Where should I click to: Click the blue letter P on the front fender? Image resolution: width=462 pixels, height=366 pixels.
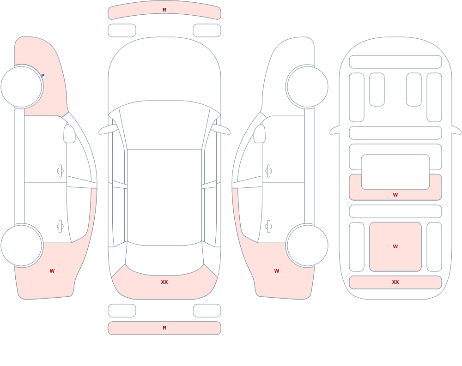[43, 76]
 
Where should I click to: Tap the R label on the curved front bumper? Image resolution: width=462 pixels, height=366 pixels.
[164, 10]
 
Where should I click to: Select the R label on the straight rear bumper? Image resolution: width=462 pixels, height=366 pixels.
[164, 328]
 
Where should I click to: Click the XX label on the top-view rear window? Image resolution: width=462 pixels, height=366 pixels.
[164, 282]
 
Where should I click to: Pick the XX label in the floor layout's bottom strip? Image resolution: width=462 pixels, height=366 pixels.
[395, 282]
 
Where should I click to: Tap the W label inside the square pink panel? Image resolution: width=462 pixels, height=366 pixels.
[395, 246]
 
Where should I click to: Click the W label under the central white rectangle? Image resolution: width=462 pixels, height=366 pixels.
[395, 195]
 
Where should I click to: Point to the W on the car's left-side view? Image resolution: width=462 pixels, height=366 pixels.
[52, 271]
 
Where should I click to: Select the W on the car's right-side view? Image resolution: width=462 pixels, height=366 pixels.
[277, 271]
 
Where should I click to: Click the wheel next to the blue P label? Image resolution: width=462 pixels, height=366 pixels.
[22, 87]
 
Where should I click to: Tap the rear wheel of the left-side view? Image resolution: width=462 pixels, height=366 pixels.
[22, 245]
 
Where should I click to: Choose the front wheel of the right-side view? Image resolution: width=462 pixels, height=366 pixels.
[307, 87]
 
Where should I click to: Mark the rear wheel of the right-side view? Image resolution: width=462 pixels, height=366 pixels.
[307, 245]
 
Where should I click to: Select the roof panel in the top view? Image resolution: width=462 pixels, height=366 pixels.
[164, 197]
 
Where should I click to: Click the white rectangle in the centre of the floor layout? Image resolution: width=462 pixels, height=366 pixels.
[395, 172]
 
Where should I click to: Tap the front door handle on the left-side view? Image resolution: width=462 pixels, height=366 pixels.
[61, 171]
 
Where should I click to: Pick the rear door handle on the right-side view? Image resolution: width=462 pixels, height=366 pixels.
[268, 227]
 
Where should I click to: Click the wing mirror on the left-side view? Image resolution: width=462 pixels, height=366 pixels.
[69, 134]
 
